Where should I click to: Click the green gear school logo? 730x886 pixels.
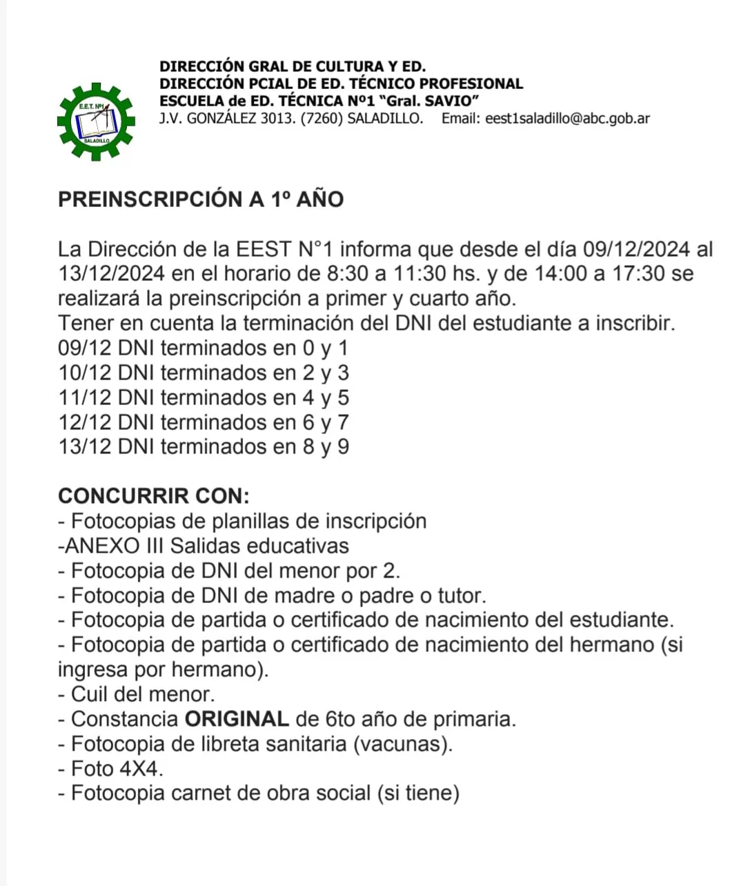[95, 121]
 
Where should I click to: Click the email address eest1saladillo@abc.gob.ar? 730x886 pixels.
[567, 118]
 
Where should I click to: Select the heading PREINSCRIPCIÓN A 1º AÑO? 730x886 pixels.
[201, 199]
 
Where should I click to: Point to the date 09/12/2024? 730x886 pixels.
[636, 249]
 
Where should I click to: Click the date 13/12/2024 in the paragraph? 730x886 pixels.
[112, 274]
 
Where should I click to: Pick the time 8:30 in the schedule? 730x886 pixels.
[348, 274]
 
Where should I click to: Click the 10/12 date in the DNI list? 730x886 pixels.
[85, 373]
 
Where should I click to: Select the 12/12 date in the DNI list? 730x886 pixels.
[85, 422]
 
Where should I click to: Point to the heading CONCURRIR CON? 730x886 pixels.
[154, 496]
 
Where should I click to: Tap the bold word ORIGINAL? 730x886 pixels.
[237, 719]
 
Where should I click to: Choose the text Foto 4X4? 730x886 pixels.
[117, 769]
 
